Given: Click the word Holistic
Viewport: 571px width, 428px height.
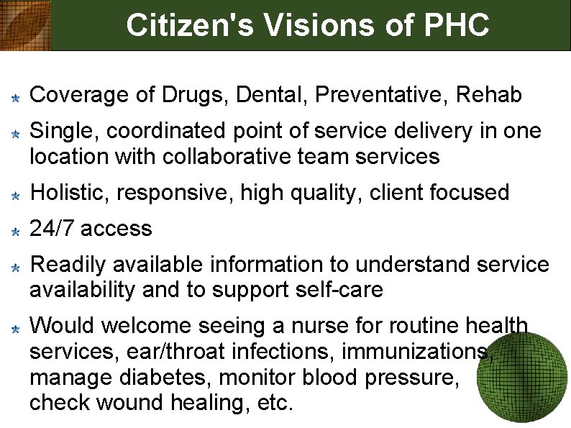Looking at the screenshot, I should [71, 193].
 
